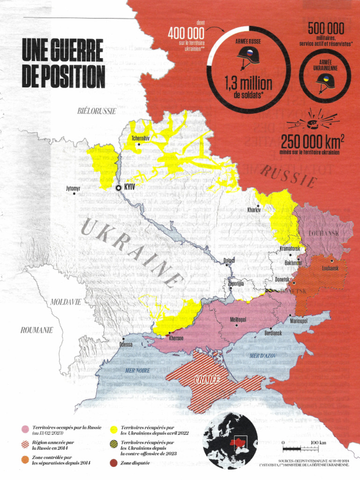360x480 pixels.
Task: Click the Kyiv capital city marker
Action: (x=119, y=187)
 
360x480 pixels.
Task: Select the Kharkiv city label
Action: (x=254, y=210)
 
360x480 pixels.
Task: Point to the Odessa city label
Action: (x=126, y=345)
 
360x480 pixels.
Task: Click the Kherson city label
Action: (x=176, y=338)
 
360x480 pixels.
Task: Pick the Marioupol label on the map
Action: (x=298, y=321)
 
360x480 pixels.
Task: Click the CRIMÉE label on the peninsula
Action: (x=207, y=379)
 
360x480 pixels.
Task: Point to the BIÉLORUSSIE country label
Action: (x=97, y=111)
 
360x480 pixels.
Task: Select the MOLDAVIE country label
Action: (x=66, y=302)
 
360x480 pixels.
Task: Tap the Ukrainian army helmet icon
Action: (x=325, y=82)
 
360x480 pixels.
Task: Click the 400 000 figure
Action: (x=186, y=34)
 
